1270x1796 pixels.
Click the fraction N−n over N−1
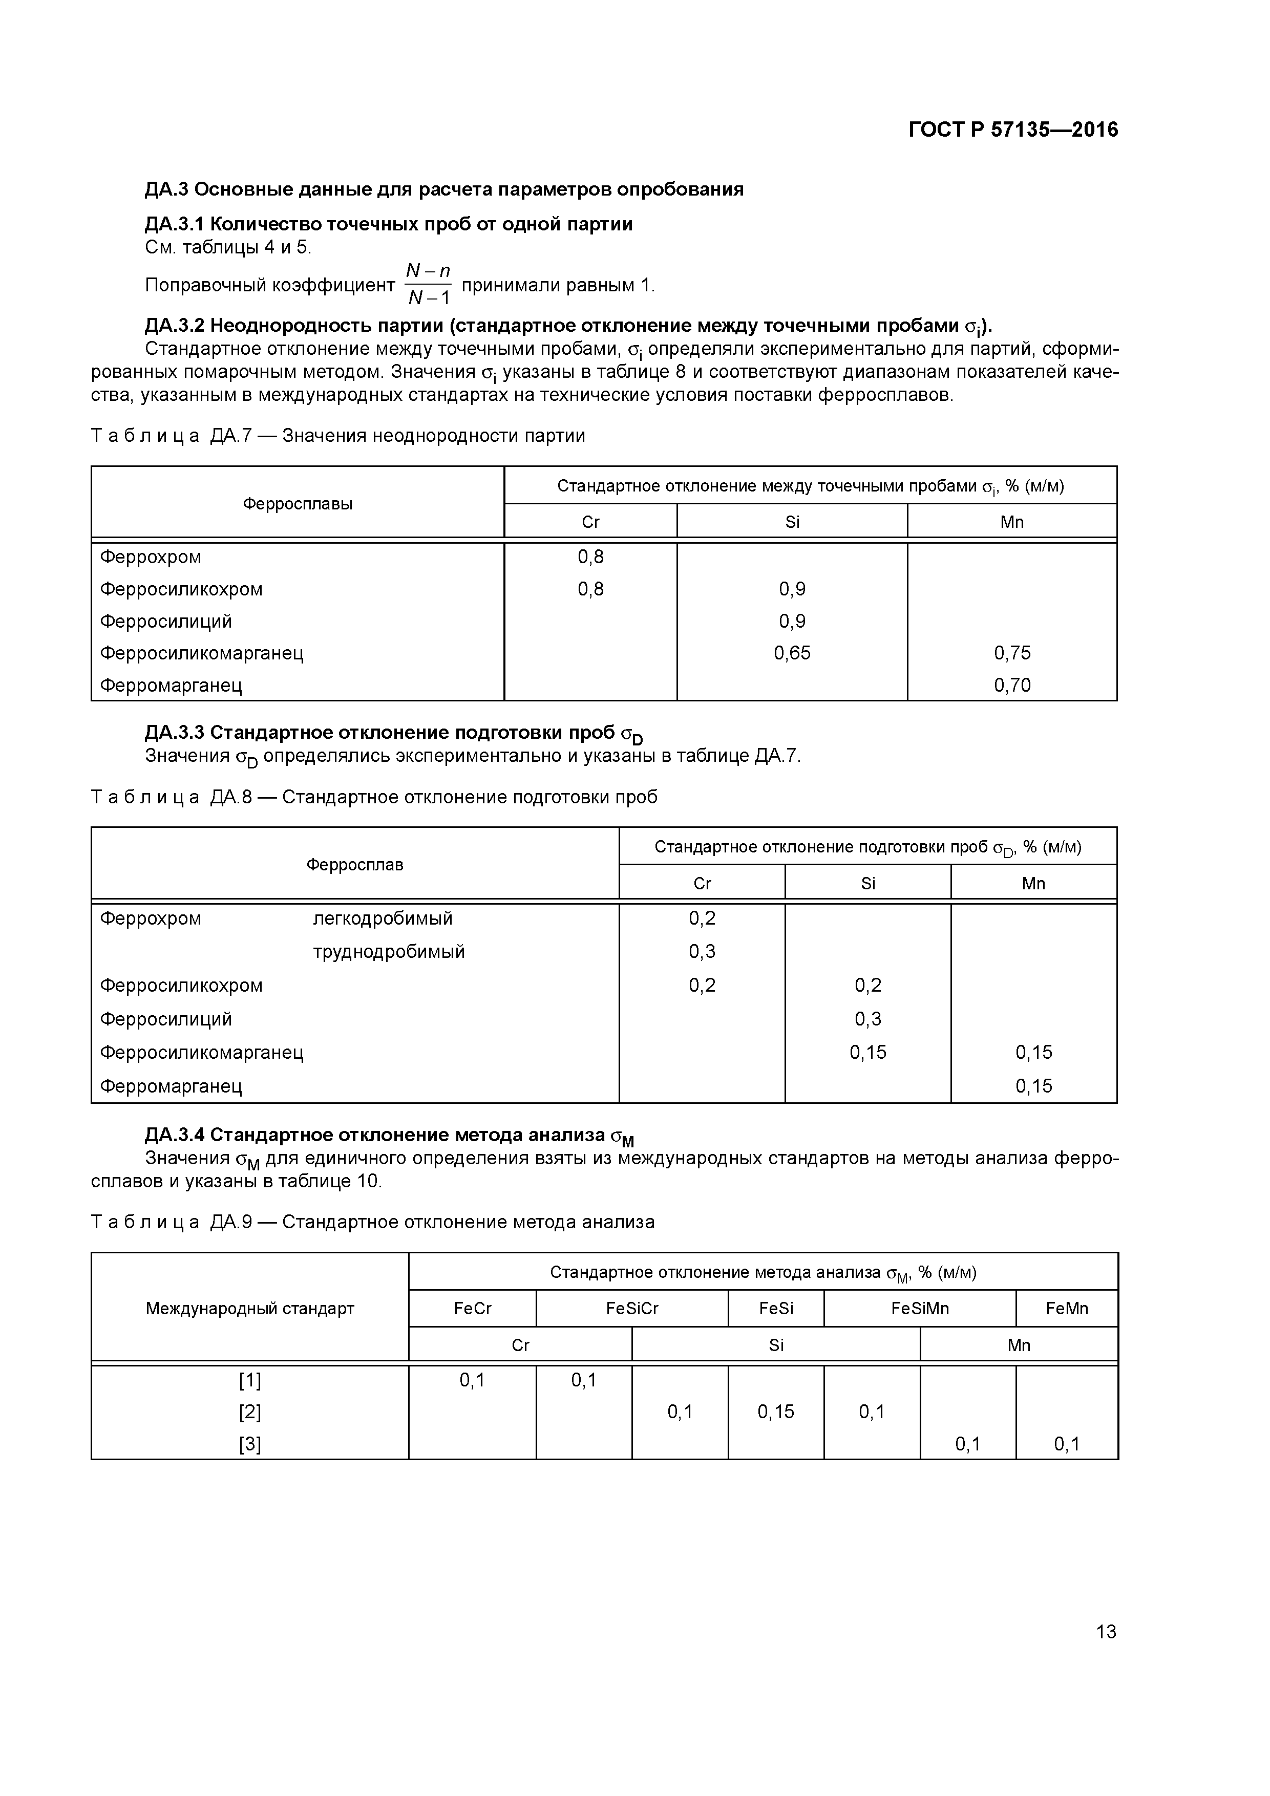tap(428, 284)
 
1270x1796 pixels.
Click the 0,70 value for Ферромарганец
tap(1012, 685)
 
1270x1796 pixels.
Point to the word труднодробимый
tap(389, 952)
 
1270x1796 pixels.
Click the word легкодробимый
tap(383, 918)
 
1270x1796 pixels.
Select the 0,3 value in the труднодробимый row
tap(702, 952)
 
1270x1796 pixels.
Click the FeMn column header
tap(1067, 1309)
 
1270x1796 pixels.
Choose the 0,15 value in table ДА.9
tap(775, 1412)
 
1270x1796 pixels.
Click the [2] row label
tap(249, 1412)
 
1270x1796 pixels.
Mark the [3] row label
tap(249, 1444)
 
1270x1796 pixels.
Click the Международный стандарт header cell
tap(249, 1309)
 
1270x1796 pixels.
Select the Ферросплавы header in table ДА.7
tap(298, 504)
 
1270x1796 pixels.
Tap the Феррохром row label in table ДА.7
tap(150, 557)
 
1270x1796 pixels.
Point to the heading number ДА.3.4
tap(175, 1135)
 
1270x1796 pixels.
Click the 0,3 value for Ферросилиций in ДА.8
tap(868, 1019)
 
